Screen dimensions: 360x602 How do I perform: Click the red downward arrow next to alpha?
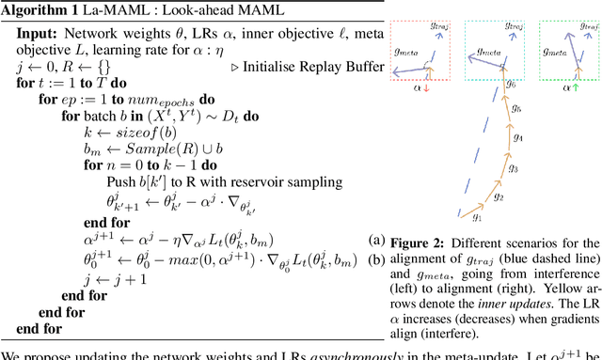point(426,89)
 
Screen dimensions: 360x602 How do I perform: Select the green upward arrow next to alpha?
point(573,89)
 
